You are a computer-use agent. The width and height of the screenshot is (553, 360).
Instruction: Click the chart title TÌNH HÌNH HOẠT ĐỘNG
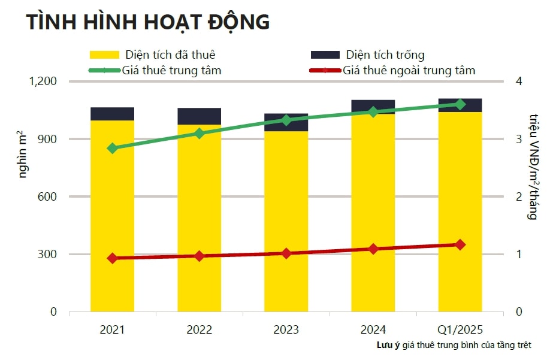(x=147, y=22)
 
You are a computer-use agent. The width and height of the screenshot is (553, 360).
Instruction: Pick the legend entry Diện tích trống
(x=385, y=55)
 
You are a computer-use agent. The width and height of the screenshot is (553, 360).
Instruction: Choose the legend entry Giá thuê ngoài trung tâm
(x=409, y=71)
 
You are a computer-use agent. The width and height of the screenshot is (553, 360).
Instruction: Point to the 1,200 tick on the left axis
(x=42, y=81)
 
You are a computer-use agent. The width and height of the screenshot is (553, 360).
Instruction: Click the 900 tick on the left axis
(x=47, y=139)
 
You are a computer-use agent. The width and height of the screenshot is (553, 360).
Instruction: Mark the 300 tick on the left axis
(x=47, y=255)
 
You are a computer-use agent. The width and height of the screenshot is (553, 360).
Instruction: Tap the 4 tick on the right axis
(x=519, y=81)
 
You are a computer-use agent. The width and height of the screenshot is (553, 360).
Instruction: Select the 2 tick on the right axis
(x=519, y=196)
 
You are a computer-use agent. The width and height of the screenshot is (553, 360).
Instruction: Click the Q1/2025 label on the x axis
(x=460, y=330)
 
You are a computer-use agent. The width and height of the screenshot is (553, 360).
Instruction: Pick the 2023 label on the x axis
(x=286, y=330)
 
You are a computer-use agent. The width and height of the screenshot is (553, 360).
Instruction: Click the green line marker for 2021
(x=112, y=148)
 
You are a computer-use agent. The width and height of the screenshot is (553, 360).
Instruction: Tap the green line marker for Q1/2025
(x=460, y=104)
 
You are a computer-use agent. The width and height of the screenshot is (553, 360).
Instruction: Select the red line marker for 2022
(x=200, y=256)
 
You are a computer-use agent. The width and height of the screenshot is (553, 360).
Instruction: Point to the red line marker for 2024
(x=373, y=249)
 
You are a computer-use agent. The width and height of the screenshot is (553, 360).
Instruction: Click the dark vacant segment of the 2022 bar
(x=200, y=116)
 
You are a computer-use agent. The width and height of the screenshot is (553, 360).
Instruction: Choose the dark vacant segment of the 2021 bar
(x=112, y=114)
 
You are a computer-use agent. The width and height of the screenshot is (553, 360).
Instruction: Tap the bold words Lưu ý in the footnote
(x=388, y=346)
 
